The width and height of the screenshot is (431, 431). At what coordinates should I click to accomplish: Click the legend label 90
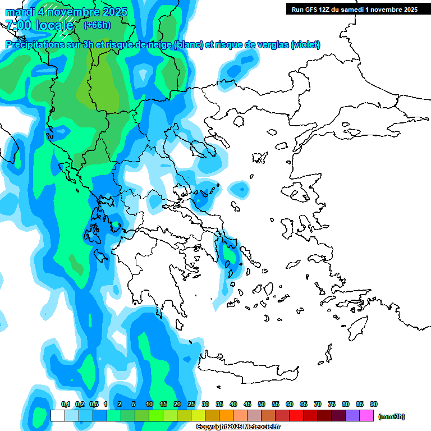[374, 404]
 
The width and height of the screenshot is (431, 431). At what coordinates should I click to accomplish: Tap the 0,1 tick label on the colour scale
[66, 404]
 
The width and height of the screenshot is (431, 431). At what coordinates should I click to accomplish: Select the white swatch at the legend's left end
[57, 416]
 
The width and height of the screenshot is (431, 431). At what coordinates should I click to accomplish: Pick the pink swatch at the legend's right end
[366, 416]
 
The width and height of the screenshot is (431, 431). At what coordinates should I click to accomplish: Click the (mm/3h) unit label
[392, 416]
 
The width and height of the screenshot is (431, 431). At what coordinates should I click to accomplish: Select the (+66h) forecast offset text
[97, 25]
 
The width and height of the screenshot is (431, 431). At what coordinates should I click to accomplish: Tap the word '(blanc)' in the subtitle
[188, 45]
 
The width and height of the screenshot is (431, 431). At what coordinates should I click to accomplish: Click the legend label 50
[262, 404]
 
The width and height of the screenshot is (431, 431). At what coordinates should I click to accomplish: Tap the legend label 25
[191, 404]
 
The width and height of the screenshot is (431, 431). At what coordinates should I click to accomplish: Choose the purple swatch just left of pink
[352, 416]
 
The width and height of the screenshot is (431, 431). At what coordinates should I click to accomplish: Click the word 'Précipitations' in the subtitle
[35, 45]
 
